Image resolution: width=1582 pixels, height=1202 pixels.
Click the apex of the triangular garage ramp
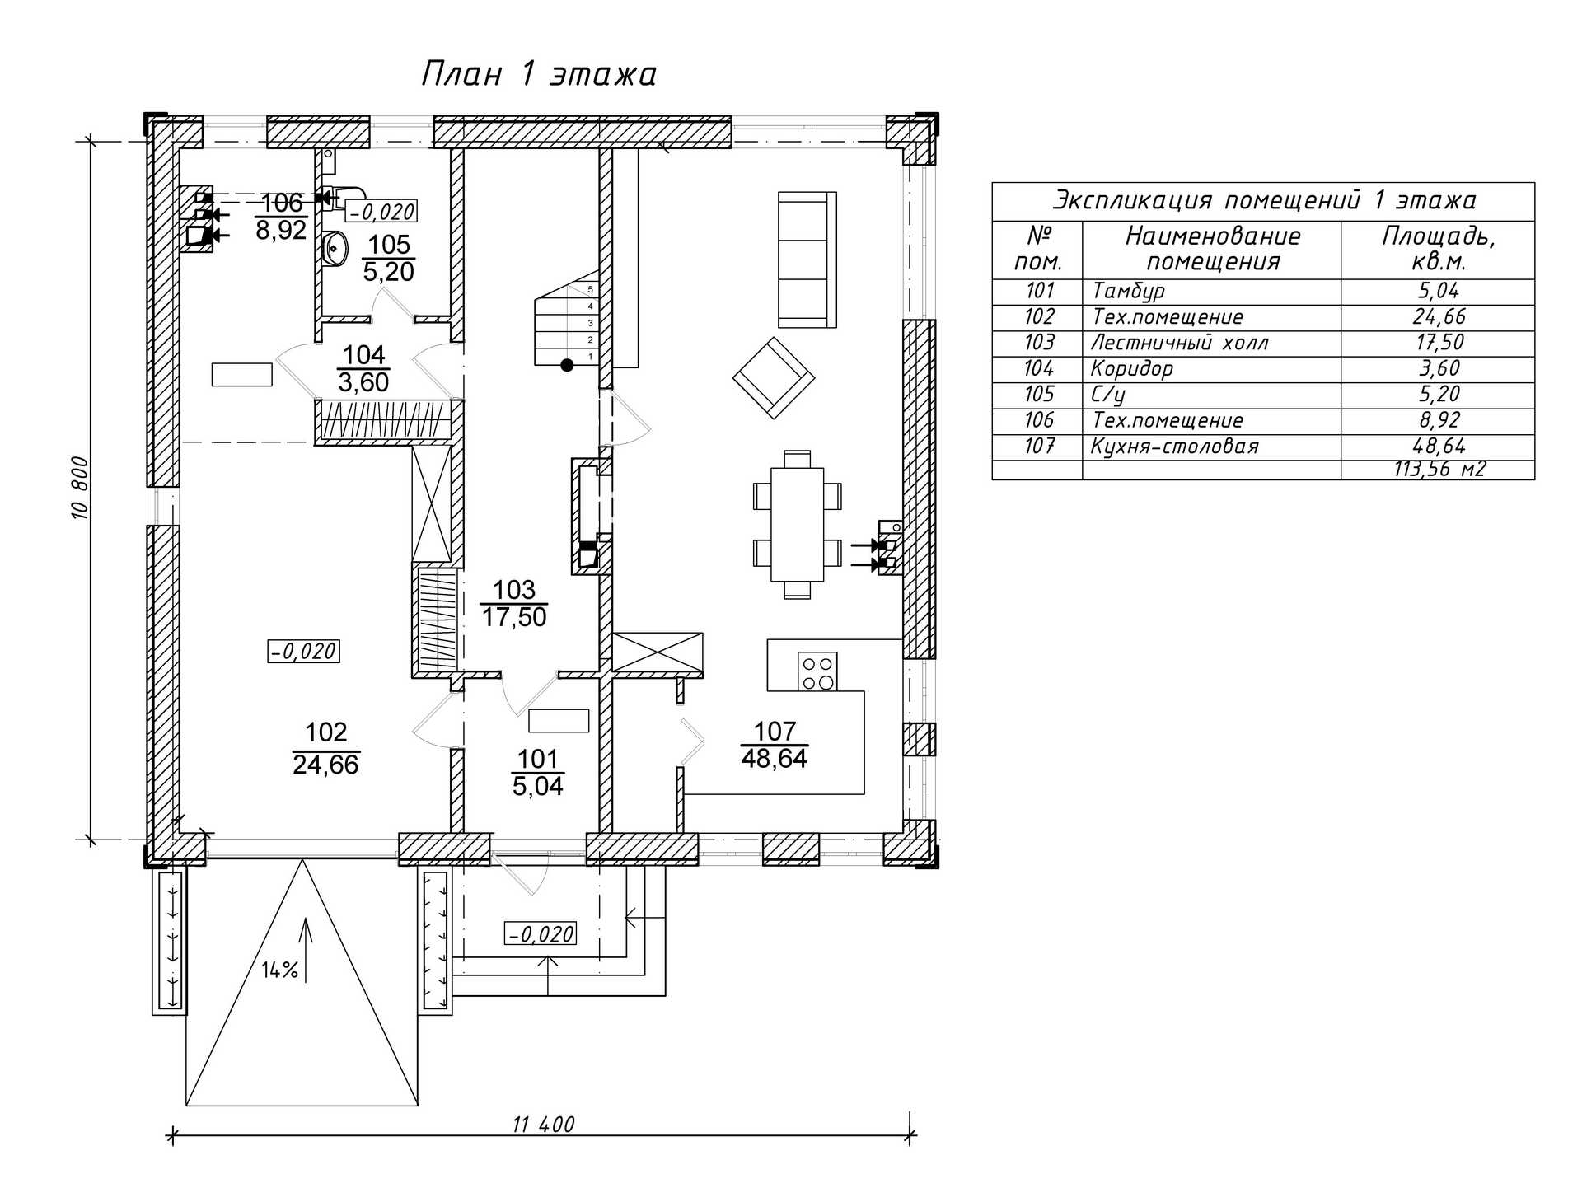pyautogui.click(x=302, y=859)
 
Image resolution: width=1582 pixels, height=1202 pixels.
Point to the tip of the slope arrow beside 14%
pyautogui.click(x=306, y=918)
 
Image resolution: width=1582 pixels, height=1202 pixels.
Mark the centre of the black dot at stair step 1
pyautogui.click(x=567, y=365)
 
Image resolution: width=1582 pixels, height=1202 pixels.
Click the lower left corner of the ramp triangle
pyautogui.click(x=187, y=1105)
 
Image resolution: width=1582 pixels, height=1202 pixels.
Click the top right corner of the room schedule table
pyautogui.click(x=1534, y=183)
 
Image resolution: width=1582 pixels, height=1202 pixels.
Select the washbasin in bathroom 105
pyautogui.click(x=335, y=249)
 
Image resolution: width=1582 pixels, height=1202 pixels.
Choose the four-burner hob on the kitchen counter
pyautogui.click(x=817, y=671)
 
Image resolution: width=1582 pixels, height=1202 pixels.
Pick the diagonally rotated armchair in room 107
pyautogui.click(x=774, y=377)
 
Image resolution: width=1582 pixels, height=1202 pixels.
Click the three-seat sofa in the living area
pyautogui.click(x=807, y=260)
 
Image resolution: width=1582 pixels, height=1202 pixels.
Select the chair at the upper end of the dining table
pyautogui.click(x=797, y=459)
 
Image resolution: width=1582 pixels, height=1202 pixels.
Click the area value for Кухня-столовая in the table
pyautogui.click(x=1439, y=447)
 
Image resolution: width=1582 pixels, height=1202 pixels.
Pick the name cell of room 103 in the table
pyautogui.click(x=1180, y=343)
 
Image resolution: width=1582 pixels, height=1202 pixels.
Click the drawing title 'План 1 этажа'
pyautogui.click(x=539, y=74)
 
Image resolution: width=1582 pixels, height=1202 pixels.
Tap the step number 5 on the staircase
pyautogui.click(x=590, y=290)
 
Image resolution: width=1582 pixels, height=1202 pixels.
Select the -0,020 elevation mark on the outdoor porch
pyautogui.click(x=541, y=934)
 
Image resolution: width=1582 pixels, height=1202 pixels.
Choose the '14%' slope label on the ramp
pyautogui.click(x=280, y=970)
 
